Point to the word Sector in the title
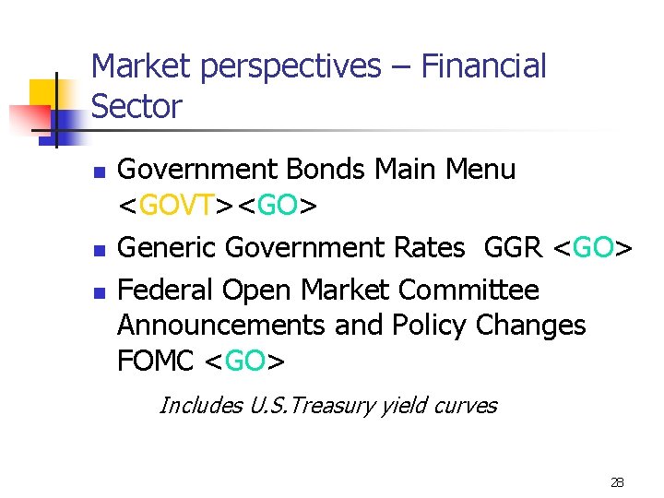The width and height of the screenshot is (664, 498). (x=136, y=107)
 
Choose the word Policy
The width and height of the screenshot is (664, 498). (x=430, y=326)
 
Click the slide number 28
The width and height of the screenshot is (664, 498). (x=617, y=482)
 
